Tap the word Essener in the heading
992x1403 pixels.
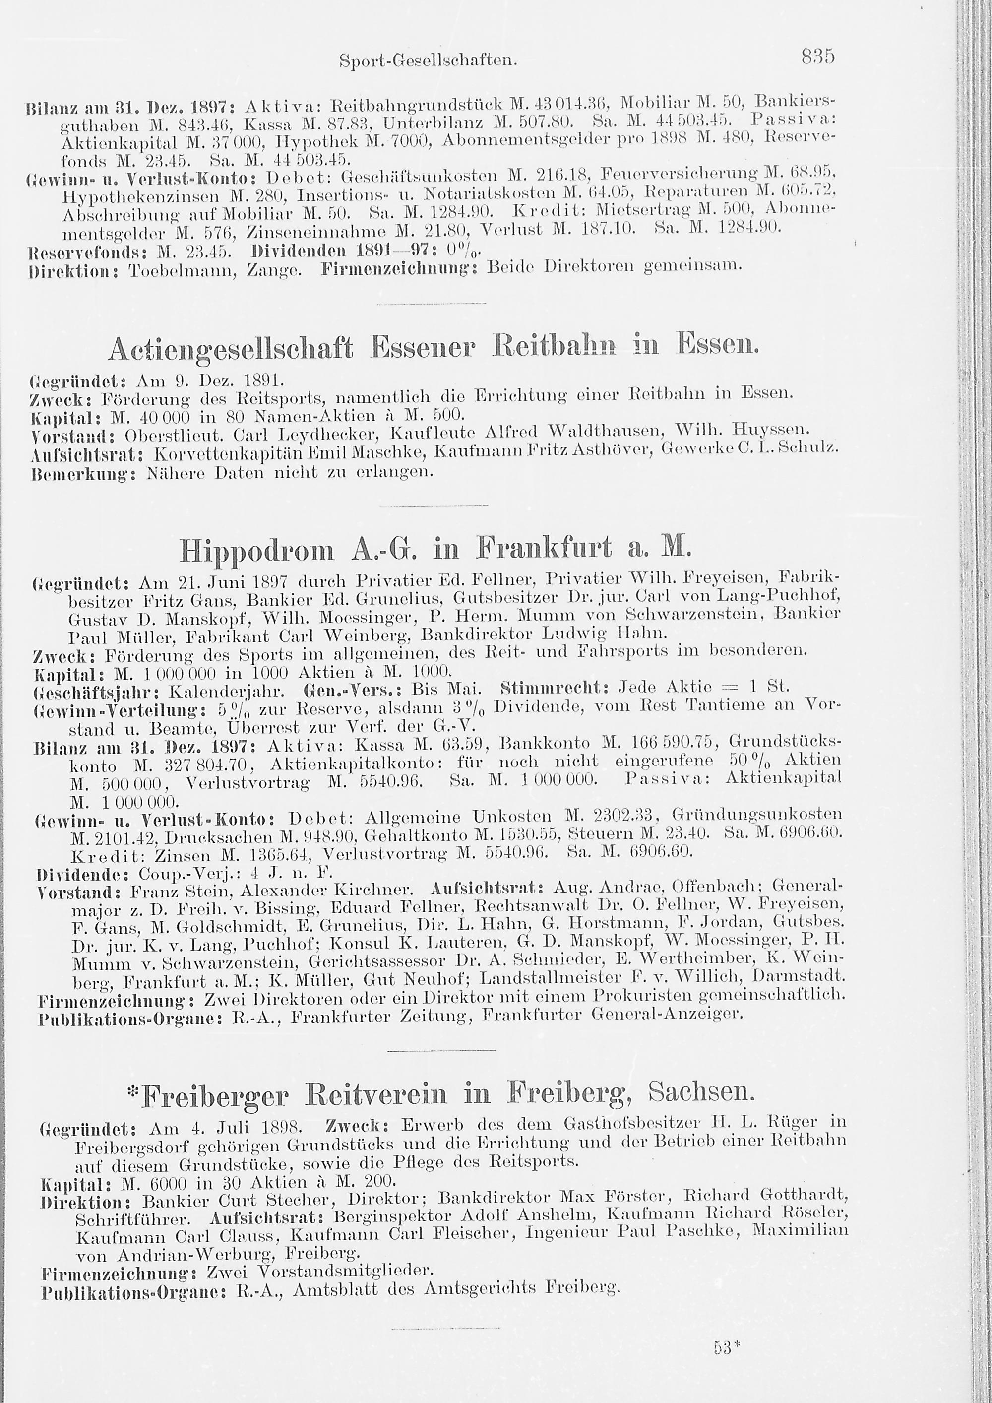coord(427,348)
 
